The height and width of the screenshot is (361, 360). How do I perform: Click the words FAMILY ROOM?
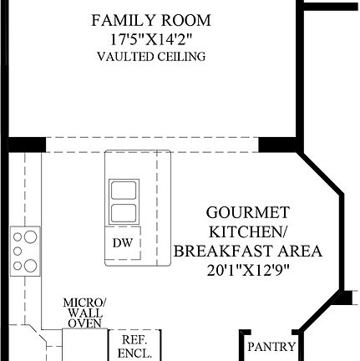tap(151, 19)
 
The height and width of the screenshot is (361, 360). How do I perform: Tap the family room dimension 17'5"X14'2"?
tap(151, 38)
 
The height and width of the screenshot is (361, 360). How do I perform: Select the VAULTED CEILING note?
tap(151, 57)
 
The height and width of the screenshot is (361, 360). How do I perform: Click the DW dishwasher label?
tap(120, 243)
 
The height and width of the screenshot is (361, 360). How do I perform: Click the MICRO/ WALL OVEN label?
tap(84, 312)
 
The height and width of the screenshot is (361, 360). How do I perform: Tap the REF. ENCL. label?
tap(134, 346)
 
